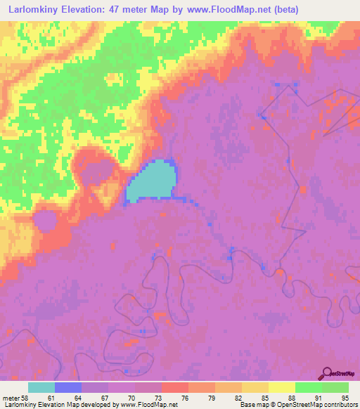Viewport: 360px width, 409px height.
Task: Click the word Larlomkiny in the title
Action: point(39,10)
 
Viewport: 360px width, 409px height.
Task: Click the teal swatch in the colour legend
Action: point(41,387)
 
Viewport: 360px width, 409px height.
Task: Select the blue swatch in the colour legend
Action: point(68,387)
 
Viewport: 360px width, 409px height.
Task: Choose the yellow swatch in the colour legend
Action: point(282,387)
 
